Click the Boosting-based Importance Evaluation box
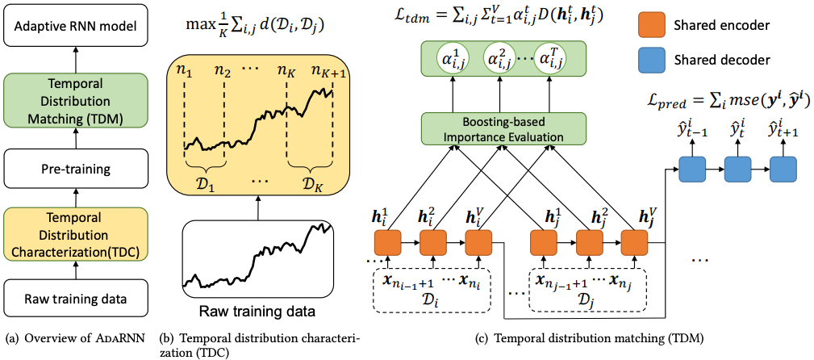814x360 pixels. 503,129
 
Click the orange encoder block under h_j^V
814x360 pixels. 634,244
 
